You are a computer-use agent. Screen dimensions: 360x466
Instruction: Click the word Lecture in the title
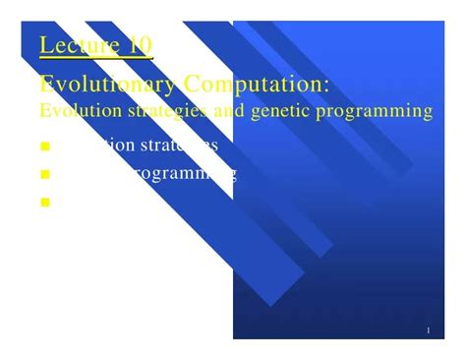tap(81, 45)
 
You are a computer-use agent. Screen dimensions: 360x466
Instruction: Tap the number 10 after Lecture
tap(140, 45)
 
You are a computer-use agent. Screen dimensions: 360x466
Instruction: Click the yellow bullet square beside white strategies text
tap(45, 149)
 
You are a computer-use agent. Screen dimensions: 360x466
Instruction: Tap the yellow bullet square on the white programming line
tap(45, 176)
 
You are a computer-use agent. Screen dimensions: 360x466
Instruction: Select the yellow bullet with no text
tap(45, 204)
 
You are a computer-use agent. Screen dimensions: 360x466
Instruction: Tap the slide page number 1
tap(430, 330)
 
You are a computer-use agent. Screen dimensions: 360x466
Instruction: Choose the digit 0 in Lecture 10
tap(145, 45)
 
